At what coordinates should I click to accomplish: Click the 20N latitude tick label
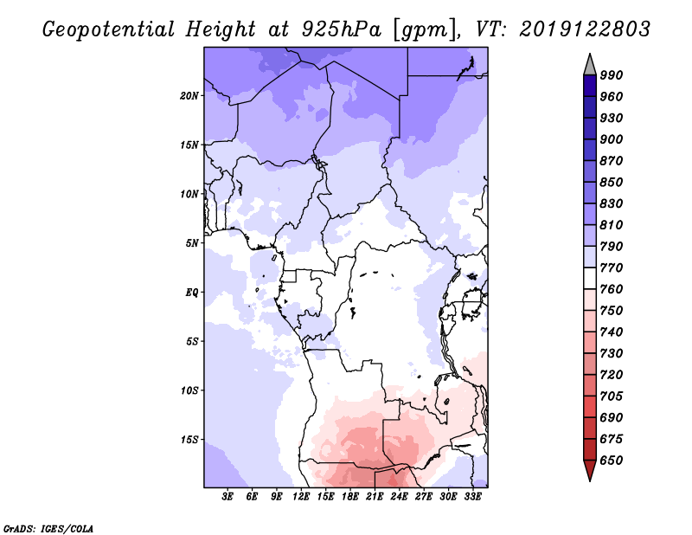[x=189, y=96]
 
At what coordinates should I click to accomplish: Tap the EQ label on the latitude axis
[x=191, y=293]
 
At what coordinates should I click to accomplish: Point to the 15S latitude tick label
[x=189, y=440]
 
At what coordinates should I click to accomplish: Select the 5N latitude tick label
[x=191, y=243]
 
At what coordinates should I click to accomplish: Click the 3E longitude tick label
[x=227, y=497]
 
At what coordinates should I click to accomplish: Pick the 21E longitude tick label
[x=375, y=497]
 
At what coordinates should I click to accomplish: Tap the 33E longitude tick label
[x=472, y=497]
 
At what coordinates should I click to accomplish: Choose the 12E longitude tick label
[x=301, y=497]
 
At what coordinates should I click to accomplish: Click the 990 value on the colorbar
[x=612, y=75]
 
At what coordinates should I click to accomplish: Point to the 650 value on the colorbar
[x=612, y=461]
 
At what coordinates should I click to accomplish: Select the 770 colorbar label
[x=612, y=267]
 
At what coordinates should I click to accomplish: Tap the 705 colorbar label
[x=612, y=396]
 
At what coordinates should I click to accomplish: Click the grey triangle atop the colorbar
[x=590, y=67]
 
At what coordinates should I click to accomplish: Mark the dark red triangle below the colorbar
[x=590, y=469]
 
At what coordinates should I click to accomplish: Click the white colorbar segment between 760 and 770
[x=590, y=279]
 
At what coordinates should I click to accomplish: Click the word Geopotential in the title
[x=108, y=30]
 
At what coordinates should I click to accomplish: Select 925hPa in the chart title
[x=341, y=29]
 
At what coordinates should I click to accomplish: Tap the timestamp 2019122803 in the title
[x=585, y=29]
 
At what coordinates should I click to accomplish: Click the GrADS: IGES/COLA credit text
[x=48, y=529]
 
